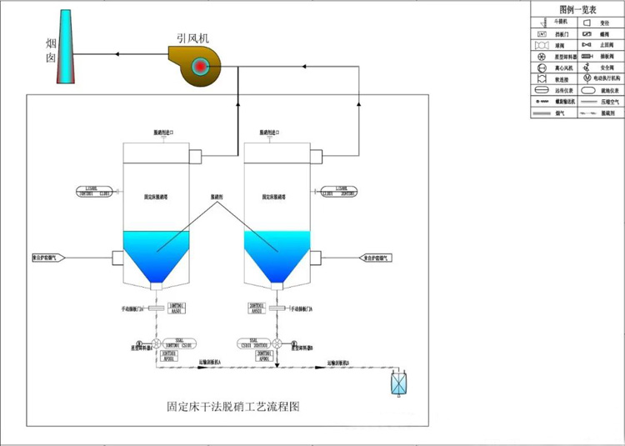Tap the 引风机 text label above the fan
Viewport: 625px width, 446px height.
pos(193,37)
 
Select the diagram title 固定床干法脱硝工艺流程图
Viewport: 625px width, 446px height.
pos(232,408)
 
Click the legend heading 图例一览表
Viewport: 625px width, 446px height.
pos(576,9)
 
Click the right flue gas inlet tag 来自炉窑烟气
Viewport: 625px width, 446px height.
pos(375,258)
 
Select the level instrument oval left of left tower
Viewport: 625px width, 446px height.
pos(94,191)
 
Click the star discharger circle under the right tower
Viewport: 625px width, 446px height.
pos(276,343)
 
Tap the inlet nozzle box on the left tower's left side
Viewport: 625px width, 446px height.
pos(117,258)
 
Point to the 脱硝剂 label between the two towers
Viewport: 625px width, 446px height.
pos(217,198)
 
